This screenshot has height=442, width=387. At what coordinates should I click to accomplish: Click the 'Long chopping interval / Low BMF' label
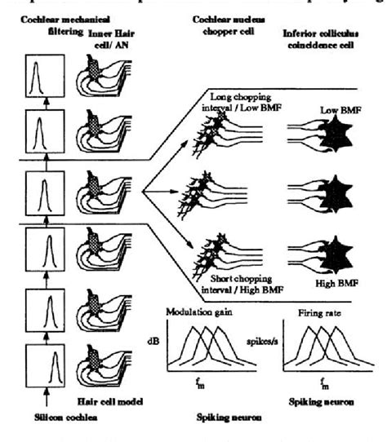[x=231, y=100]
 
